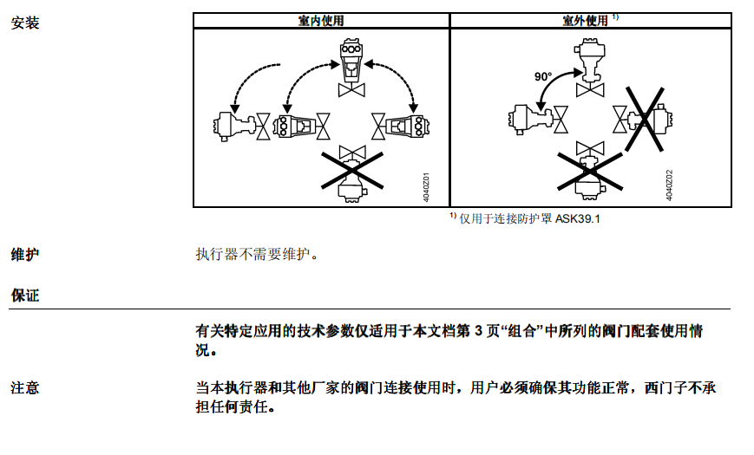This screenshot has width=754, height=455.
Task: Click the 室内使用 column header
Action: (x=321, y=21)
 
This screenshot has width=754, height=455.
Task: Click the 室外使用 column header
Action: (x=585, y=21)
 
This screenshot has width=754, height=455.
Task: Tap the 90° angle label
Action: (x=543, y=76)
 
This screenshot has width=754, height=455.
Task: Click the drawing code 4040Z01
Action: (x=426, y=187)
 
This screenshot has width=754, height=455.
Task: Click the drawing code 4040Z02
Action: (x=669, y=185)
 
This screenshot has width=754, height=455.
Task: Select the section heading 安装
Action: (x=25, y=23)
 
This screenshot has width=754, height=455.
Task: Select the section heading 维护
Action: (x=25, y=254)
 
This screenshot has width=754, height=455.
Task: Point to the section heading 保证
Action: (x=25, y=295)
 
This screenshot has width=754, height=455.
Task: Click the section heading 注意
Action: (x=25, y=387)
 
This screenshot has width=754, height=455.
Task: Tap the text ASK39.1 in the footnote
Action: (x=578, y=219)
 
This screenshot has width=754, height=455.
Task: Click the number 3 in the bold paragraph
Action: (x=478, y=331)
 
